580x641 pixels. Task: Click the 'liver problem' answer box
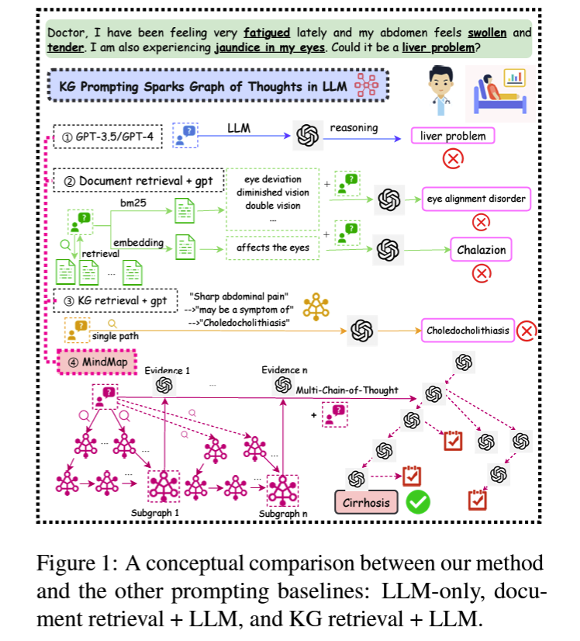click(452, 137)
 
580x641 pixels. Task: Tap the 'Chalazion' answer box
click(481, 250)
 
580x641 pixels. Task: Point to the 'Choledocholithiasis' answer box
click(468, 331)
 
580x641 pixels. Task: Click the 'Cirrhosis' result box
click(368, 502)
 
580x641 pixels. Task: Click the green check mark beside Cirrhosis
click(419, 502)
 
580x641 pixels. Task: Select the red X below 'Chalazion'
click(482, 273)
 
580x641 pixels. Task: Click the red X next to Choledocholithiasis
click(527, 331)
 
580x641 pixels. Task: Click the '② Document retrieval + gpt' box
click(140, 182)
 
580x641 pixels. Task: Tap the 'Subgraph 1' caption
click(155, 513)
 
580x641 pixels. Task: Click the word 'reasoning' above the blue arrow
click(354, 127)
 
